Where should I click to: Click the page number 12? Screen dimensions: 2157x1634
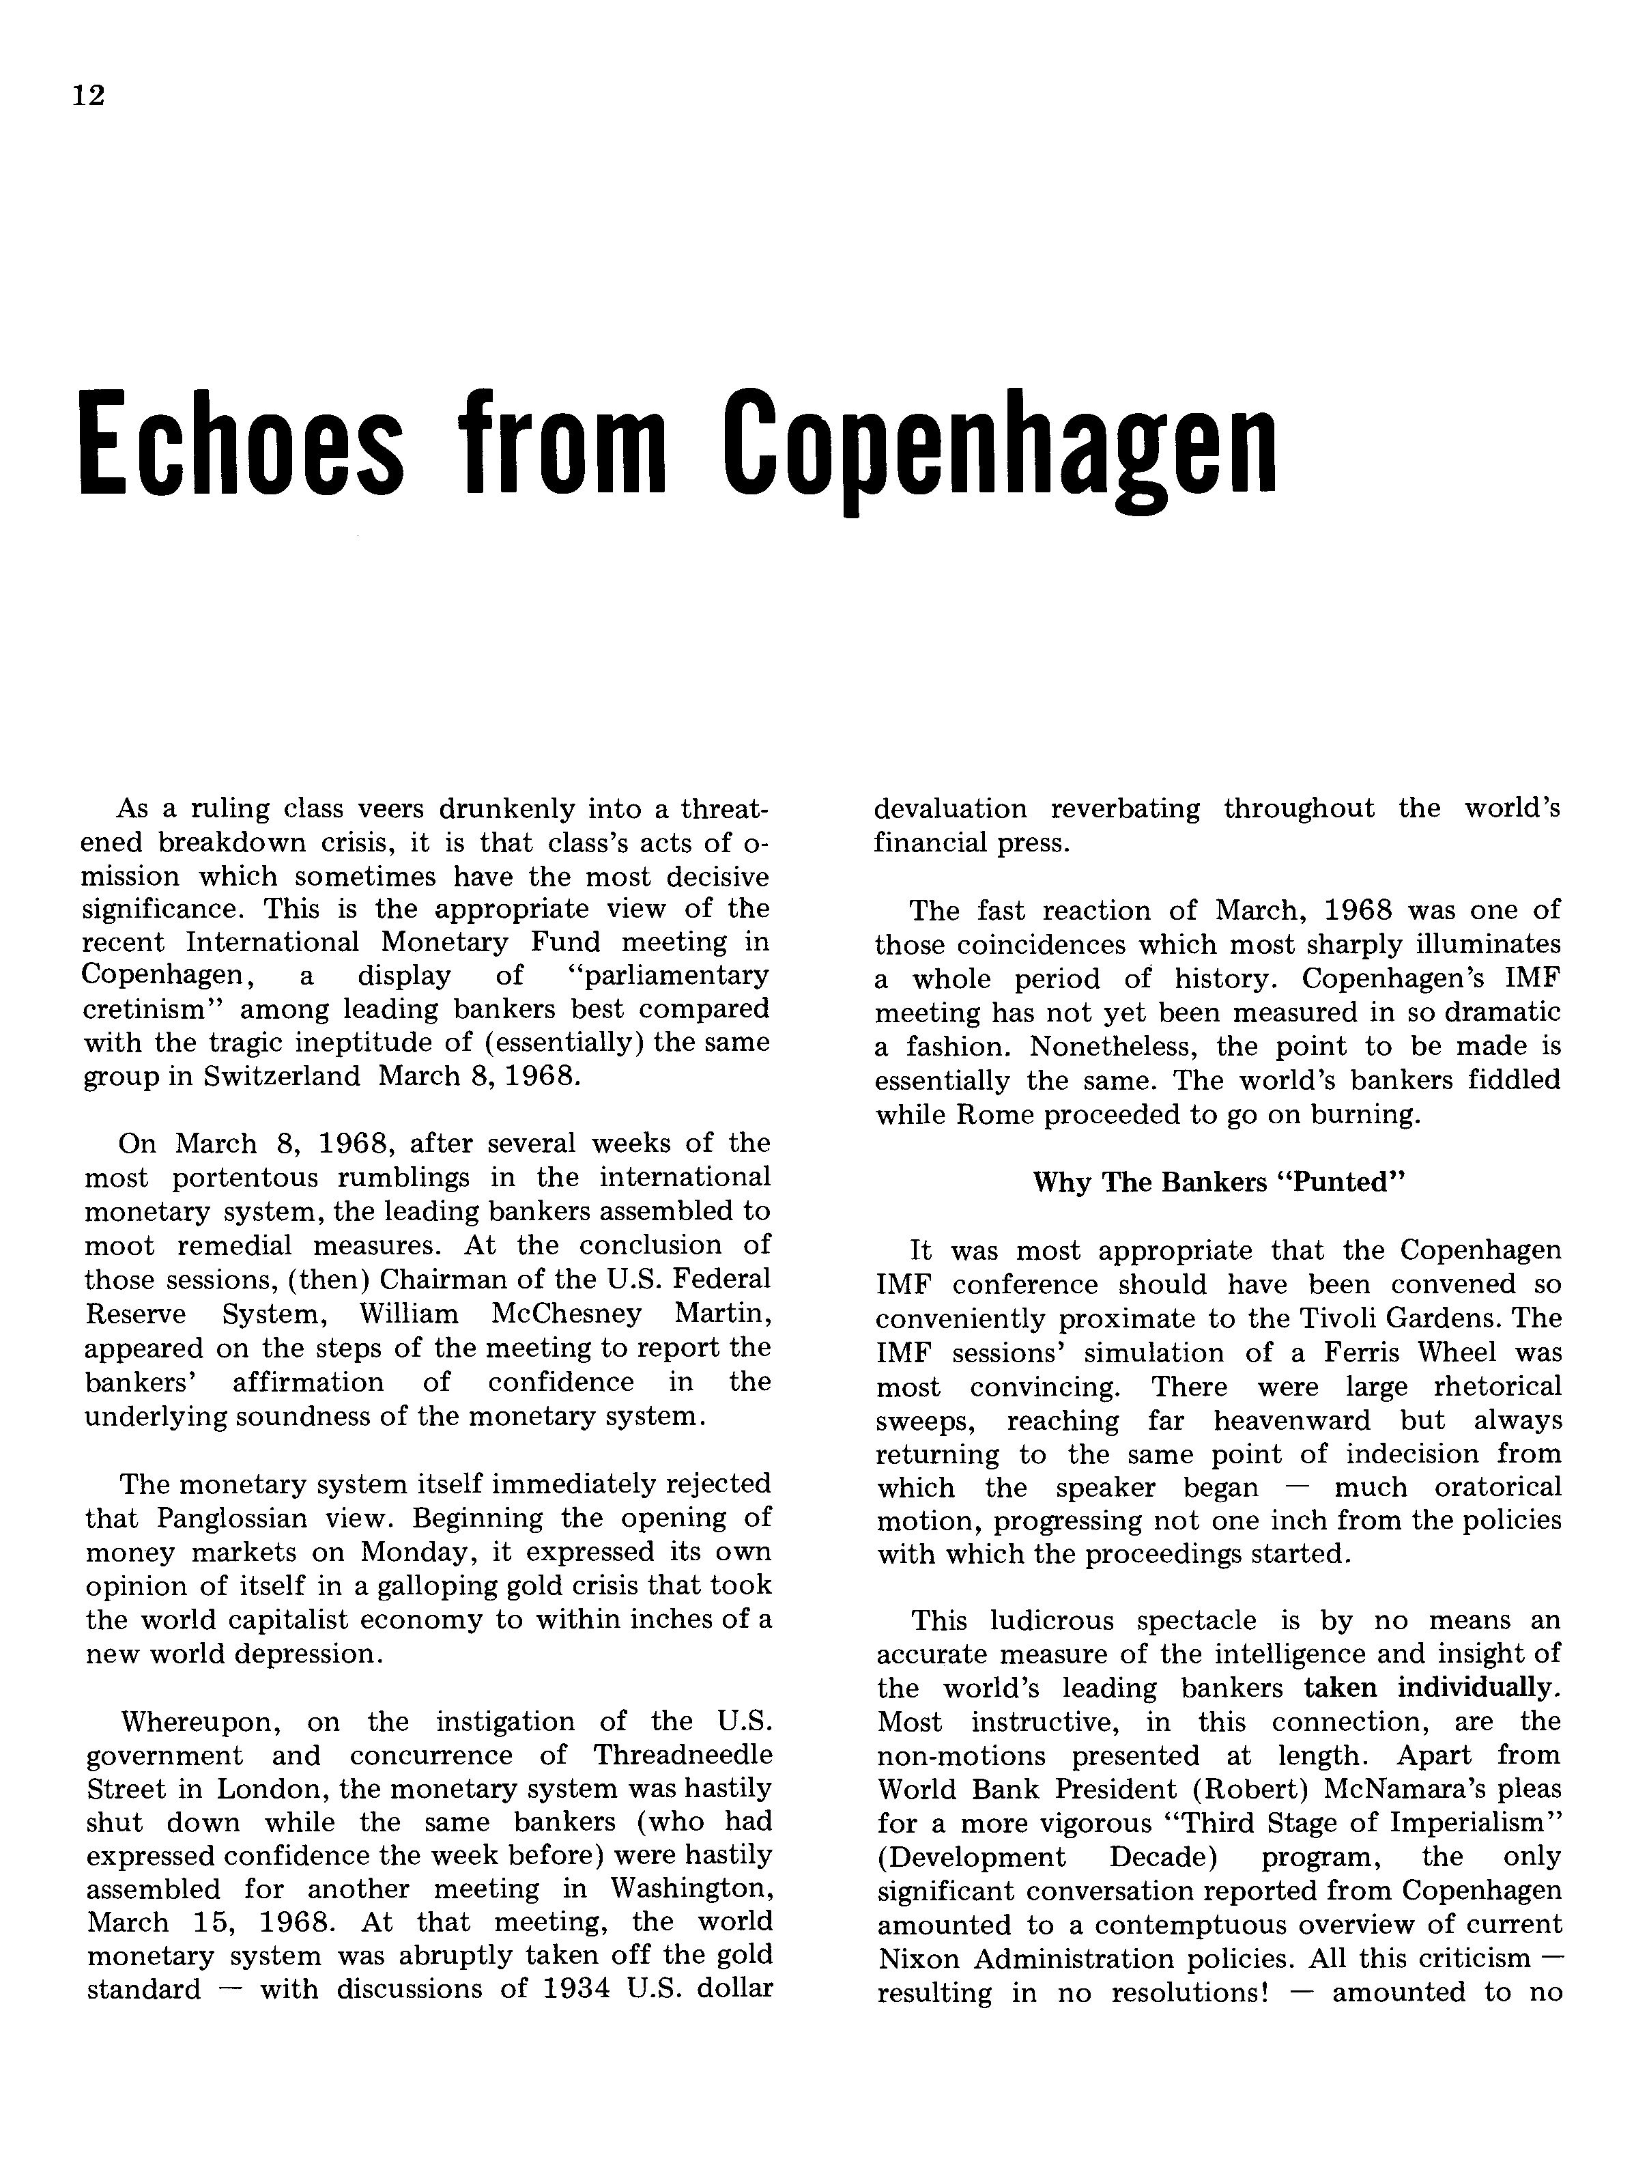click(x=89, y=96)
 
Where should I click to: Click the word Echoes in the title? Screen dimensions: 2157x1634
click(x=240, y=444)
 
